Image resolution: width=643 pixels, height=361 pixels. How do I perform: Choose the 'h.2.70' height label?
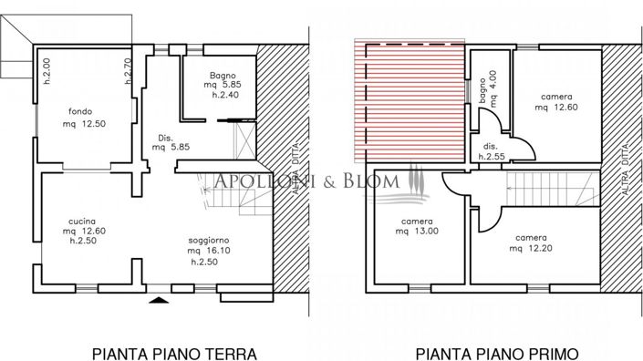click(128, 70)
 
